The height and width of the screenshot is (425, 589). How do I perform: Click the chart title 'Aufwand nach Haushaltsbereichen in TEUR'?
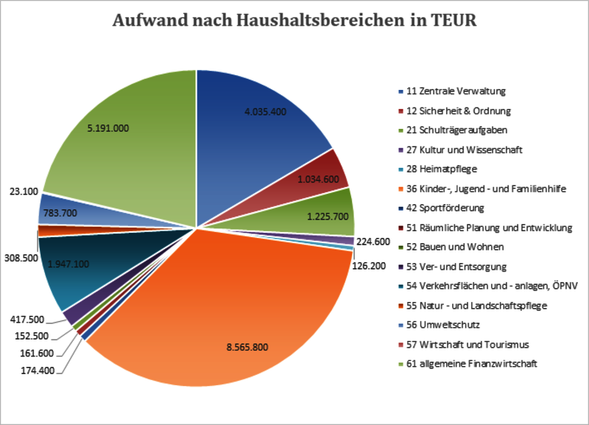pos(294,21)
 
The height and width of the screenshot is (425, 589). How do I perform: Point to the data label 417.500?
pos(27,320)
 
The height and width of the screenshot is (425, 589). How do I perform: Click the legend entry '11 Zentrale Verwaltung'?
pos(455,91)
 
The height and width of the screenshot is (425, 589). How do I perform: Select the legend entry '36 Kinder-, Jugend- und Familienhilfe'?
pos(486,189)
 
